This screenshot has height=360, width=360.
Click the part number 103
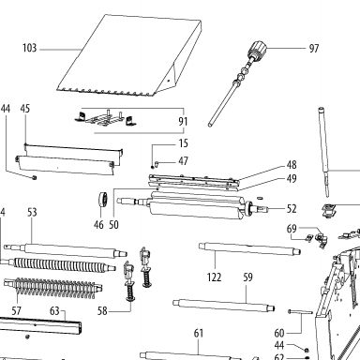click(29, 48)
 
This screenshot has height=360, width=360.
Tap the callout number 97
click(314, 49)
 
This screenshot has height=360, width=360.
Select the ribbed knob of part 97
click(258, 49)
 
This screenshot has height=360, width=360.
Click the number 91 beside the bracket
click(183, 121)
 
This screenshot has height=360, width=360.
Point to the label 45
click(25, 109)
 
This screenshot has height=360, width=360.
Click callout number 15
click(183, 143)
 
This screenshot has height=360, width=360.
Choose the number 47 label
click(183, 161)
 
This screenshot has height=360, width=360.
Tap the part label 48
click(292, 165)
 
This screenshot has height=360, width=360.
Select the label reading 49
click(292, 179)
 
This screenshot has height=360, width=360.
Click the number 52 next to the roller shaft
click(292, 209)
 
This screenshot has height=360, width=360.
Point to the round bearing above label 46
click(103, 199)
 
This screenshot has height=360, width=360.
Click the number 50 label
click(113, 225)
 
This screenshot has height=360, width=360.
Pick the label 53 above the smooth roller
click(32, 213)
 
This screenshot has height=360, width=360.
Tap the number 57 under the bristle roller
click(16, 311)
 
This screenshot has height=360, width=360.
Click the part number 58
click(102, 311)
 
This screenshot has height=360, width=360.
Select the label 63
click(54, 311)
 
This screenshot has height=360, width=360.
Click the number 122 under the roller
click(214, 277)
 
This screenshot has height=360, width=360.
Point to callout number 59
click(247, 277)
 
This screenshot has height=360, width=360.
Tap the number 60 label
click(279, 334)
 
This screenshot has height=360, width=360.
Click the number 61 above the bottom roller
click(199, 334)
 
